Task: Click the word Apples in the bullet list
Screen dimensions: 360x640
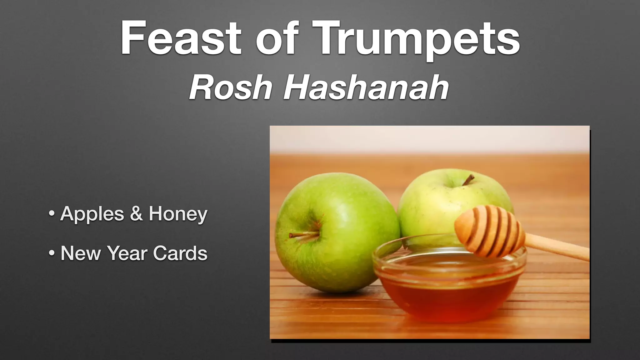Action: pyautogui.click(x=92, y=214)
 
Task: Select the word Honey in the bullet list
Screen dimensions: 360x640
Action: pyautogui.click(x=178, y=214)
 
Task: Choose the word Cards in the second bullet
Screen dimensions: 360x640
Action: pyautogui.click(x=180, y=253)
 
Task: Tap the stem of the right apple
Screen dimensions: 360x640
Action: pyautogui.click(x=468, y=180)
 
